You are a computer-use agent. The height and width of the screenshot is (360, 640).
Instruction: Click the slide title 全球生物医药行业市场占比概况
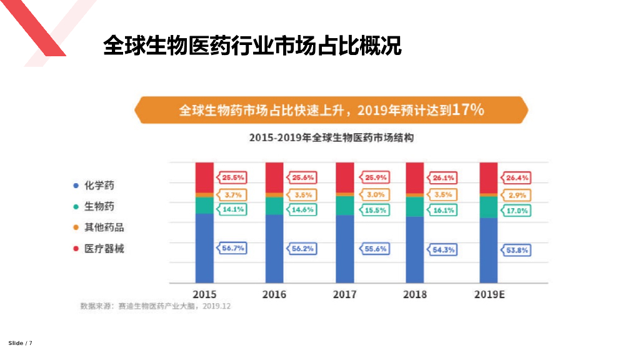coord(252,46)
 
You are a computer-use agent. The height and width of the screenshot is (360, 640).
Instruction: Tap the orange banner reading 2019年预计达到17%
coord(331,111)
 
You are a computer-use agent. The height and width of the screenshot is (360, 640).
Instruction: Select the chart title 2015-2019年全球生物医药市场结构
coord(331,138)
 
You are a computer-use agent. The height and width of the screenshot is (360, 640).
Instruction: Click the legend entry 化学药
coord(99,186)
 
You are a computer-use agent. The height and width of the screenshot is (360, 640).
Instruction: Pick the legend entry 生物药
coord(99,206)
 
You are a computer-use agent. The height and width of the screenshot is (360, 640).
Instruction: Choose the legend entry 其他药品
coord(104,227)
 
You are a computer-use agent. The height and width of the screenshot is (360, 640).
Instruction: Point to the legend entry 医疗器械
coord(104,249)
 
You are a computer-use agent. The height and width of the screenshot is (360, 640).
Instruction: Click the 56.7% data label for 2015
coord(232,249)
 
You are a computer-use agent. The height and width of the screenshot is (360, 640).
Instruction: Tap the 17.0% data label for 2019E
coord(516,211)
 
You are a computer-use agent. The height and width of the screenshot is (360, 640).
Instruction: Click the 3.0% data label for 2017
coord(374,195)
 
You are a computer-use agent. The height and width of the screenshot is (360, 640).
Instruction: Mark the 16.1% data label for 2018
coord(443,211)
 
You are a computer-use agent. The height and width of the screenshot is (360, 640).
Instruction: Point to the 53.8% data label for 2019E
coord(516,250)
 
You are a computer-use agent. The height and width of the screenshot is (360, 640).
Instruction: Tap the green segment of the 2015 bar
coord(204,205)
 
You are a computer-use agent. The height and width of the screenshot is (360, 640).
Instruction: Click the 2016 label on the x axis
coord(274,294)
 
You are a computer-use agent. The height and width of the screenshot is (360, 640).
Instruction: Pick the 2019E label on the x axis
coord(489,294)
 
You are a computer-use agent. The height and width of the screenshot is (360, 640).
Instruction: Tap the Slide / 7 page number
coord(20,343)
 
